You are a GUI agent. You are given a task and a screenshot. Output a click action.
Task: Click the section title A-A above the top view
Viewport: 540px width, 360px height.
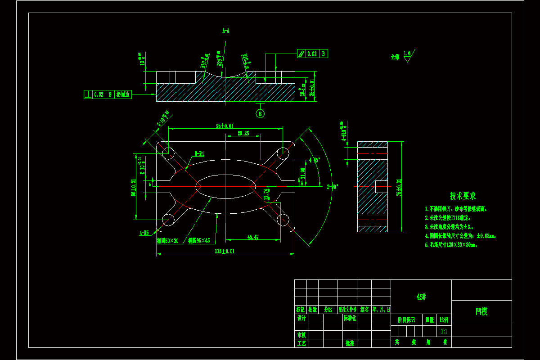tap(226, 31)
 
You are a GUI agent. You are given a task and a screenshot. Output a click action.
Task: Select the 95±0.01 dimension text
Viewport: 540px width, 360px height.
tap(225, 126)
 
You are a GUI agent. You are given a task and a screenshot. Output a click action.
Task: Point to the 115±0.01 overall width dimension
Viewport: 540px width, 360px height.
tap(225, 251)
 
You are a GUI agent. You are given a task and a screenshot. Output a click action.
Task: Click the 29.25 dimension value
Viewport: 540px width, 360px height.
tap(243, 134)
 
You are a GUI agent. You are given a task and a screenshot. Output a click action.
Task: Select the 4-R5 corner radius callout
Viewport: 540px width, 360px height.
tap(144, 233)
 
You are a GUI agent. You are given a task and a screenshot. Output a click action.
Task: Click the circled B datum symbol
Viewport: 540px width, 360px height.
tap(261, 113)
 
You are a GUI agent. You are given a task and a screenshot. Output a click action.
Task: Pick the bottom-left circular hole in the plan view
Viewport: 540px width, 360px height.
tap(168, 220)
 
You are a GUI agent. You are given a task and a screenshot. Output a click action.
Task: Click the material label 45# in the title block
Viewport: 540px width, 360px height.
tap(421, 297)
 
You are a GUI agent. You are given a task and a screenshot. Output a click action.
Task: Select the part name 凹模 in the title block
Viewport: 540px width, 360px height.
tap(481, 311)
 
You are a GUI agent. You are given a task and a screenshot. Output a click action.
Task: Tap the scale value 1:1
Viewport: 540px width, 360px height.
tap(444, 331)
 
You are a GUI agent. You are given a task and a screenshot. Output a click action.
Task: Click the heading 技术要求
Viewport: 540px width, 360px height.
tap(463, 196)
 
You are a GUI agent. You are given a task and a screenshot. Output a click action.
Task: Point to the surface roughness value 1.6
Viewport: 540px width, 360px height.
tap(407, 54)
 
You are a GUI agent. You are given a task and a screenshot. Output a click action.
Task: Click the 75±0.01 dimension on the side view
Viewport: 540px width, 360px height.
tap(399, 187)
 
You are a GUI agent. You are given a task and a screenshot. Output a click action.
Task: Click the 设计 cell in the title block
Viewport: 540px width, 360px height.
tap(301, 318)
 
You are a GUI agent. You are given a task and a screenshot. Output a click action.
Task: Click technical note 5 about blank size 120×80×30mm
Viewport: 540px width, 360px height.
tap(451, 245)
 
